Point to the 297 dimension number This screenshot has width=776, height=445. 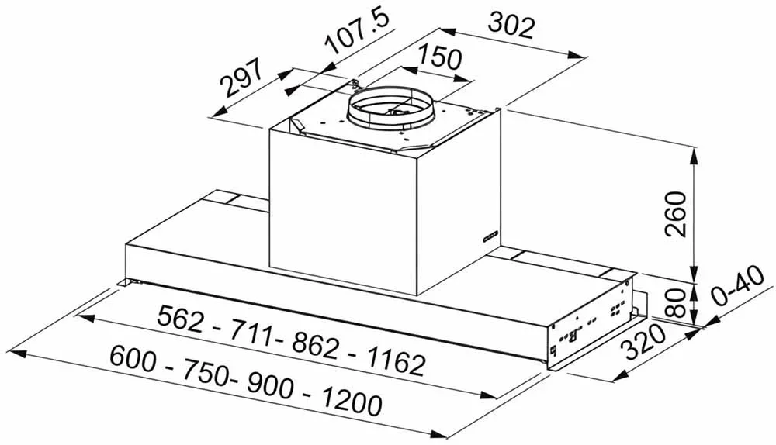[241, 77]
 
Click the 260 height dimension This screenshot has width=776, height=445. [676, 214]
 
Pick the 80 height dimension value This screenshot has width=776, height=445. [676, 302]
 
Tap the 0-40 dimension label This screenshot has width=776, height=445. [740, 288]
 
